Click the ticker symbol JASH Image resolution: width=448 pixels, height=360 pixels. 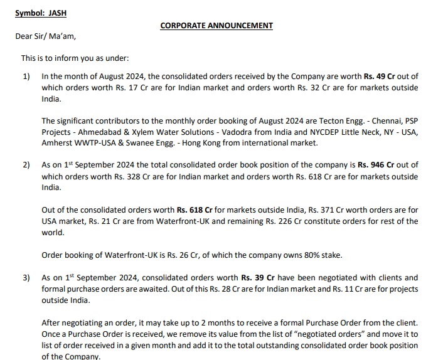57,13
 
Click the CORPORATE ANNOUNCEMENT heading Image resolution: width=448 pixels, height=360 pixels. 216,26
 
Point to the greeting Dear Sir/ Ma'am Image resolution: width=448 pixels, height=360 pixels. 45,36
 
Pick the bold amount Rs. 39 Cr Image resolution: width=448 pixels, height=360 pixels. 258,277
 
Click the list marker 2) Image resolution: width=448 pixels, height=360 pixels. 26,165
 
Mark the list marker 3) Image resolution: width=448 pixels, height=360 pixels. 26,277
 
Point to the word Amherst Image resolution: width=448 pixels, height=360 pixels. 57,144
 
